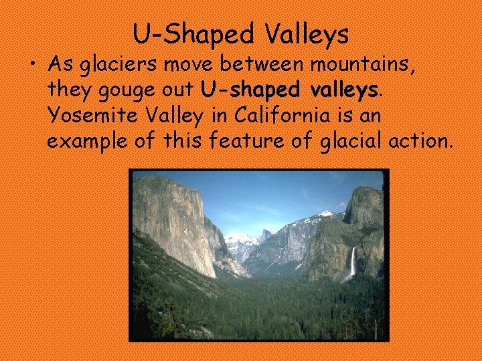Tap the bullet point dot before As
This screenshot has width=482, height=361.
pos(33,64)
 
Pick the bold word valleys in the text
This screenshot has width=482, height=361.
pos(341,90)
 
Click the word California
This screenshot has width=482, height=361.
pos(284,116)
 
